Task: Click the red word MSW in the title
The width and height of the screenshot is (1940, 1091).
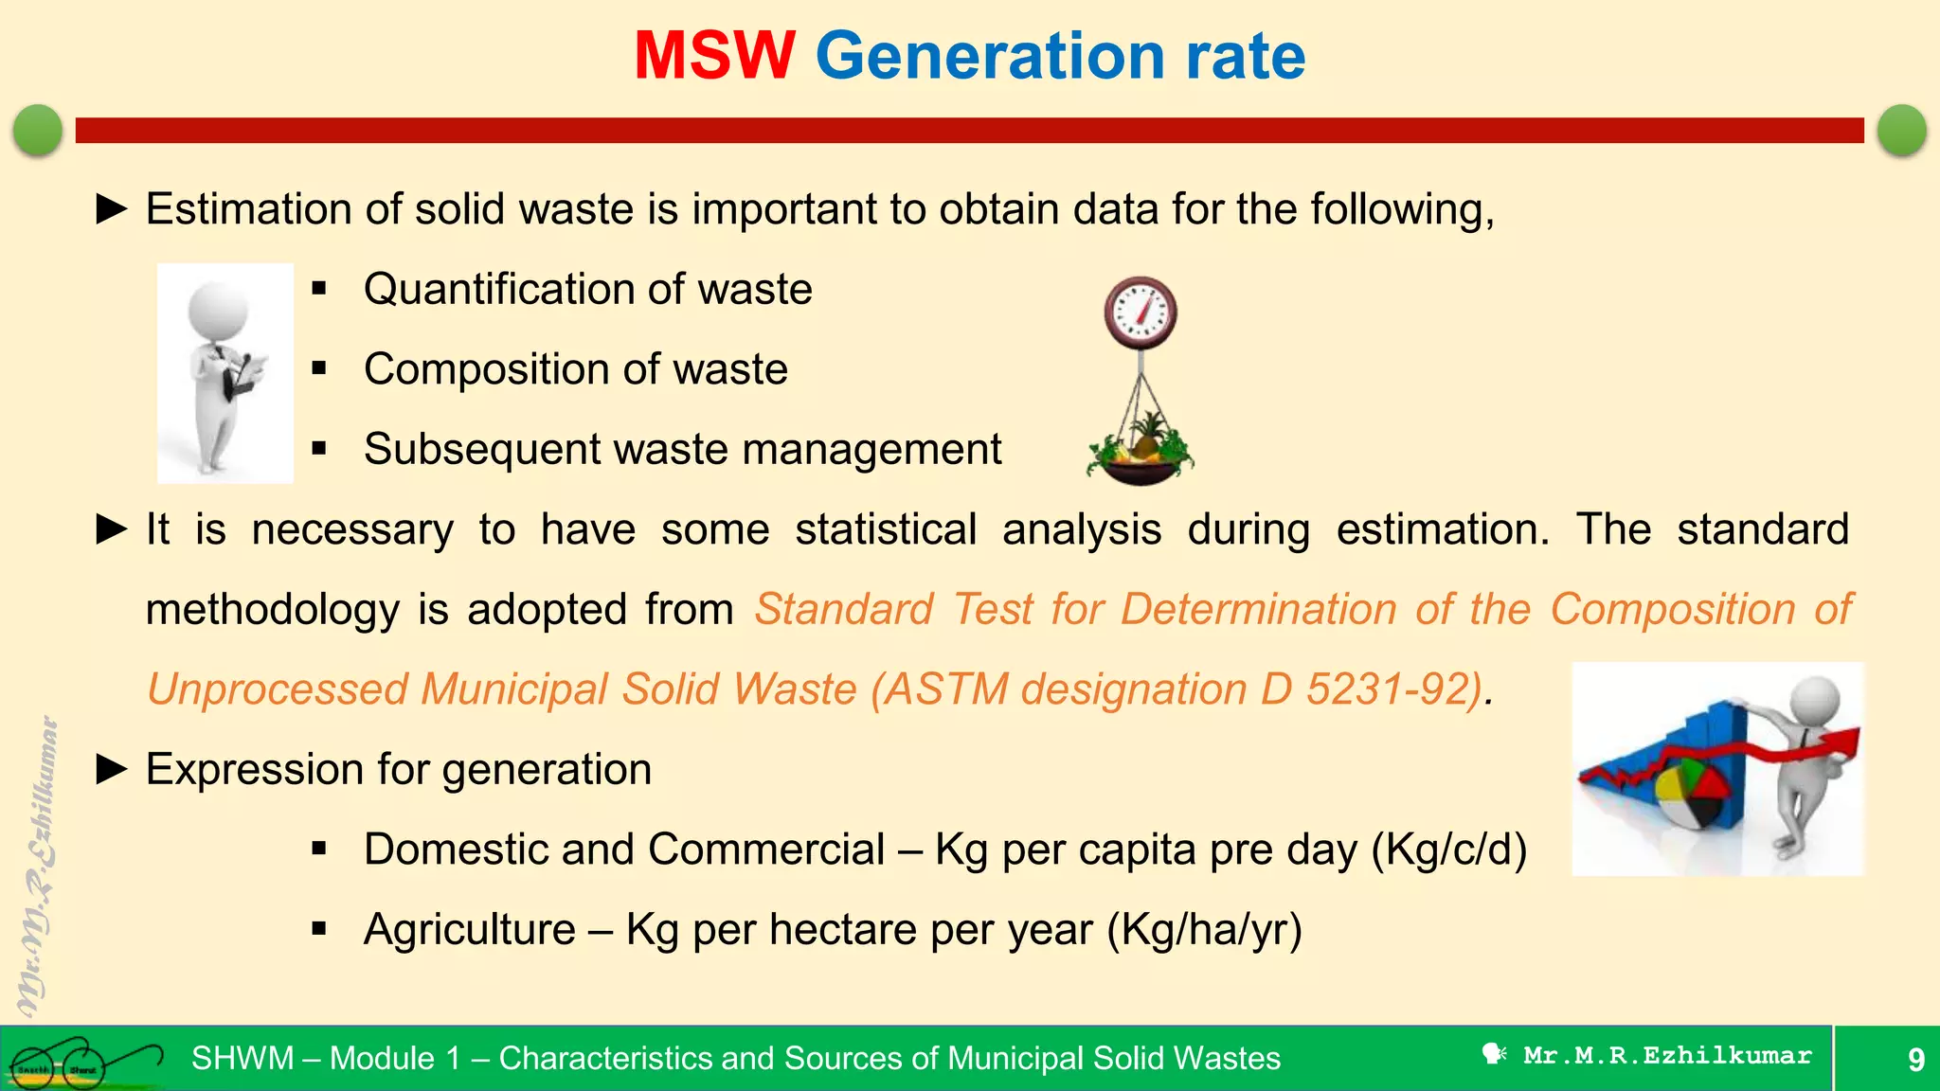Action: pos(714,57)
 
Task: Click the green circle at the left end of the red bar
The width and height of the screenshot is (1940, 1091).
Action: pos(38,130)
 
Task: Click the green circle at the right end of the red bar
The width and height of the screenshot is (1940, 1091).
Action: pos(1901,130)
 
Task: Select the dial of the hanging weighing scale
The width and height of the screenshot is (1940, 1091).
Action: pos(1141,313)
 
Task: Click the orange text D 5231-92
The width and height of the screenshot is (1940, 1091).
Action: pos(1369,689)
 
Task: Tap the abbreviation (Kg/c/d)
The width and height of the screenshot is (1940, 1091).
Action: pos(1448,850)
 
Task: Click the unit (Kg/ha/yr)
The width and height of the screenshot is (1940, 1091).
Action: pos(1204,930)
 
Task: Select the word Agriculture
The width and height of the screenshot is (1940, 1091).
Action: pos(470,930)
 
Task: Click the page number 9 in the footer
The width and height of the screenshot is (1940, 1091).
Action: pos(1915,1059)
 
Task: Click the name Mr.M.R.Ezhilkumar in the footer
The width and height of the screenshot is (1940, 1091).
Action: pos(1666,1056)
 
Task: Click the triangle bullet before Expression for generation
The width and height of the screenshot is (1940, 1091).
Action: pos(112,770)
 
